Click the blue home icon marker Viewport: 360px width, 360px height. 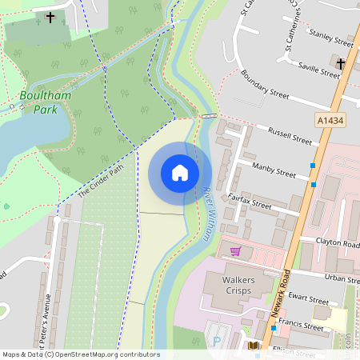tap(180, 173)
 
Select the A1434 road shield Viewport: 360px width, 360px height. tap(326, 119)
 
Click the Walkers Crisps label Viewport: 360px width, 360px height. tap(227, 284)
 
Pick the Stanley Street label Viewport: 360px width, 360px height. tap(330, 38)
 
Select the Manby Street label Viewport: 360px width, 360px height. tap(274, 170)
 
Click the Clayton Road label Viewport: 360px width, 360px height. tap(337, 243)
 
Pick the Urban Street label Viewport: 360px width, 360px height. tap(342, 278)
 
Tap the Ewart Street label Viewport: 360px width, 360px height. tap(307, 301)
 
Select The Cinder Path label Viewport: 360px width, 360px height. tap(101, 182)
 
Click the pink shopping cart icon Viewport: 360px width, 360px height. tap(235, 251)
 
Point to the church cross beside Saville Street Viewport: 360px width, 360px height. tap(341, 63)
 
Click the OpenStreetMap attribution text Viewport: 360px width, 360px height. tap(81, 354)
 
